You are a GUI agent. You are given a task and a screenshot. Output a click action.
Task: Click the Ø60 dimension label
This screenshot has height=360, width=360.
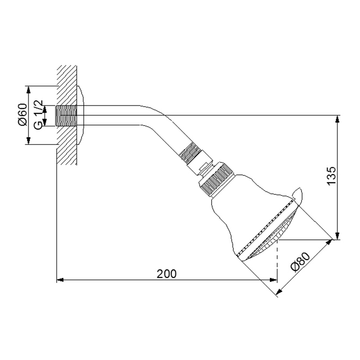click(22, 115)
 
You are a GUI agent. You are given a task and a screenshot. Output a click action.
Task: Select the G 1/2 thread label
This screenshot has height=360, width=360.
click(38, 115)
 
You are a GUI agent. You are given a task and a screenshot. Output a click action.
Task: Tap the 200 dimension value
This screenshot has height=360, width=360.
click(166, 274)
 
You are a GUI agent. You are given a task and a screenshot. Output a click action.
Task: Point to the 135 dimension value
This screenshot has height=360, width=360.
click(331, 175)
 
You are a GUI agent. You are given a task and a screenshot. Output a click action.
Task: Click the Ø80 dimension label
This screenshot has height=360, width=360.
click(300, 262)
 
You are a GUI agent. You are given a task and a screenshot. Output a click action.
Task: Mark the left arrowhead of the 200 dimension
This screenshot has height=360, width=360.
click(60, 280)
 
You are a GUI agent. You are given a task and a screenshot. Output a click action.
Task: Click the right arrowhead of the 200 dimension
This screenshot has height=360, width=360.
click(274, 280)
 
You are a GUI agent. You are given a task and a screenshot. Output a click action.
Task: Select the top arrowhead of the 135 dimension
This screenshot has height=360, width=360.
click(337, 118)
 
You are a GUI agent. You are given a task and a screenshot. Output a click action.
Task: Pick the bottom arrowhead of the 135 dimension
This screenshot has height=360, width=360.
click(337, 236)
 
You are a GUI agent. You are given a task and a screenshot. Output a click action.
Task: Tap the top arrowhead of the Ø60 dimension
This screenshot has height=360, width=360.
click(28, 90)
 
